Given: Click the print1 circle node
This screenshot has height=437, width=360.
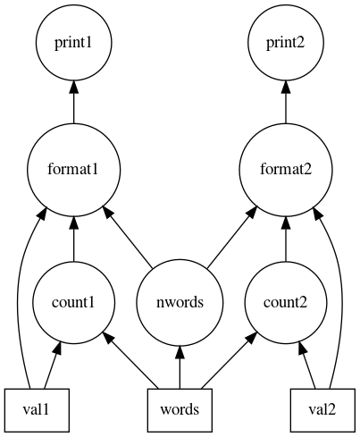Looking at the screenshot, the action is tap(74, 43).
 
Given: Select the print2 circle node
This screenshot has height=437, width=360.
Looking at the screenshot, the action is tap(286, 43).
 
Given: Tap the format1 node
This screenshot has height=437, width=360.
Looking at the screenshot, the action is tap(74, 170).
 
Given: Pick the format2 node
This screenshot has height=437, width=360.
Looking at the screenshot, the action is tap(286, 170).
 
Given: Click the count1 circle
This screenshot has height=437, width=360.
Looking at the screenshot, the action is tap(74, 302).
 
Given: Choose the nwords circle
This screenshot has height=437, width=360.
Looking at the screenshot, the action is tap(180, 302).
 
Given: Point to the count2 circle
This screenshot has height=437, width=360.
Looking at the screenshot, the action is tap(286, 302).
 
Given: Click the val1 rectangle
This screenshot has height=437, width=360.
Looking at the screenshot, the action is tap(37, 410).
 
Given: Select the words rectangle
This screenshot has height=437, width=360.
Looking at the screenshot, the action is tap(180, 410).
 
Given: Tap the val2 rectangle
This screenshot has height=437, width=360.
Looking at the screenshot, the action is tap(322, 410).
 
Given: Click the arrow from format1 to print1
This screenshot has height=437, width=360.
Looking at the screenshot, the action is tap(74, 102).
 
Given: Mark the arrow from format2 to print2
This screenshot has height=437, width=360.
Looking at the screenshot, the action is tap(286, 102).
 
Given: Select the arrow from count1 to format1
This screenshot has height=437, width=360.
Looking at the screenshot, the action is tap(74, 239).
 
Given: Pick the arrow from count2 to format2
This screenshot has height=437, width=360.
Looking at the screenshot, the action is tap(286, 239).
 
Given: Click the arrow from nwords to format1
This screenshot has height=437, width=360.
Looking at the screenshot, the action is tap(127, 237).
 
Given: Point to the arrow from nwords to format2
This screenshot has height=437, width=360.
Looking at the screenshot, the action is tap(232, 237).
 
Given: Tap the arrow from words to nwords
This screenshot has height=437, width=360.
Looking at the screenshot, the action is tap(180, 367).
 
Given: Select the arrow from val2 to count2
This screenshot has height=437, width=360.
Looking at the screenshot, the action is tap(307, 366).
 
